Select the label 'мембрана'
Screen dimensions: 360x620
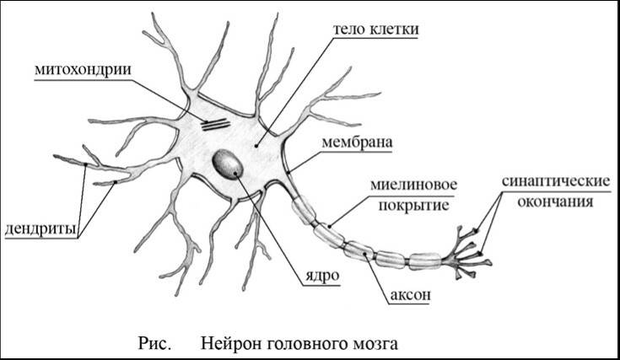pos(357,142)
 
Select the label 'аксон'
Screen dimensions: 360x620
pos(411,295)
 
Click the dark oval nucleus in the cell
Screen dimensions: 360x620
pos(229,164)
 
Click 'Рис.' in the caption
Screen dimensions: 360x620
pos(154,344)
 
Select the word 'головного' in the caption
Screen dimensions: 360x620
pos(300,344)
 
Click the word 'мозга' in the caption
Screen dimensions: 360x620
pos(369,344)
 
